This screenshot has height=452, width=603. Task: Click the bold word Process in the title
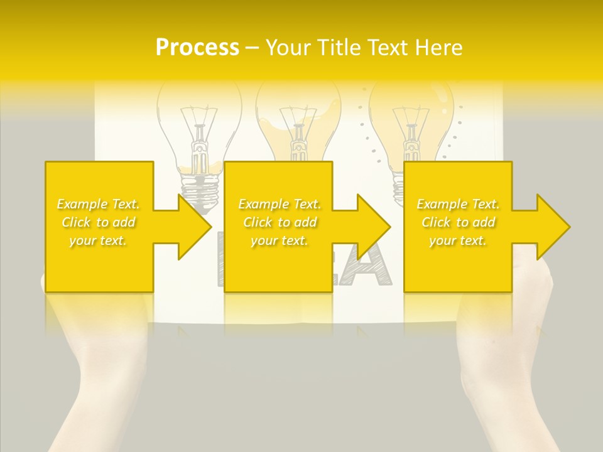(197, 47)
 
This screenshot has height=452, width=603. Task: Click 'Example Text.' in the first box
(99, 204)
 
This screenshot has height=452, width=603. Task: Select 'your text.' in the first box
(99, 240)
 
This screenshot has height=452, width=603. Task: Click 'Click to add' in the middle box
(280, 222)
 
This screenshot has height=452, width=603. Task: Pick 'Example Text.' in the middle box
(280, 204)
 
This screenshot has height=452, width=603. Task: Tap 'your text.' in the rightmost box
(458, 240)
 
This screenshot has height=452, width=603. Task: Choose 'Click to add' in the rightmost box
(458, 222)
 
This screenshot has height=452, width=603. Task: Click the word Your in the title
(287, 47)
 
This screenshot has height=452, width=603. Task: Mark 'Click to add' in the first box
(99, 222)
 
